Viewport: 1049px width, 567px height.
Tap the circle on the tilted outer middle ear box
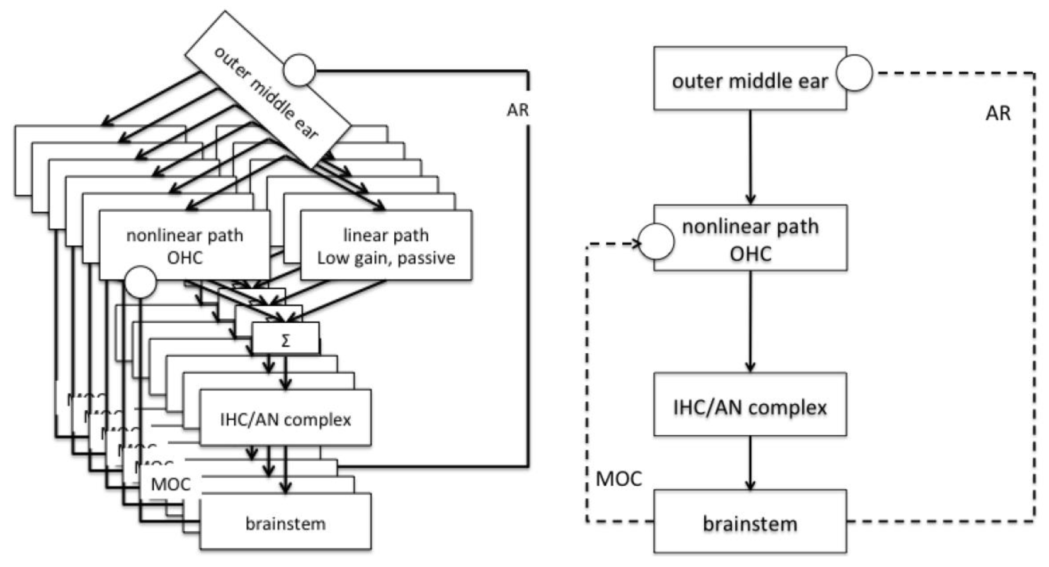pyautogui.click(x=299, y=70)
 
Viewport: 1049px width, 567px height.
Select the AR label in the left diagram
pyautogui.click(x=517, y=110)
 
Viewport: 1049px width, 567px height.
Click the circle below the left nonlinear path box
pyautogui.click(x=140, y=282)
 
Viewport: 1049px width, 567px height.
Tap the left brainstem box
pyautogui.click(x=285, y=523)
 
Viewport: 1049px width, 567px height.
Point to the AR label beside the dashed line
pyautogui.click(x=998, y=113)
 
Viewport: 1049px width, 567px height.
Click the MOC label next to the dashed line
pyautogui.click(x=619, y=479)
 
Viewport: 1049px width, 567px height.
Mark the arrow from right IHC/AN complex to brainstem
pyautogui.click(x=750, y=463)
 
